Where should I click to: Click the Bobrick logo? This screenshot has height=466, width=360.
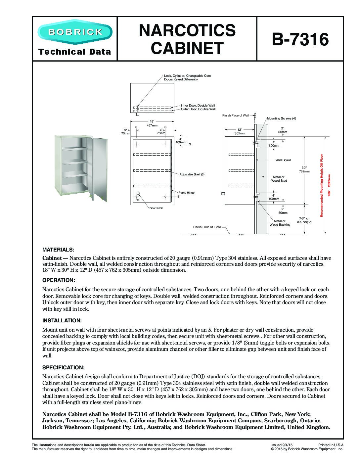(75, 32)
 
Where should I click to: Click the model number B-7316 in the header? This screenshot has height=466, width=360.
(300, 39)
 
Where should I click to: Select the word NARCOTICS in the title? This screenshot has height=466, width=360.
(187, 30)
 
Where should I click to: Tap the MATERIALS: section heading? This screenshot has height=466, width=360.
(58, 249)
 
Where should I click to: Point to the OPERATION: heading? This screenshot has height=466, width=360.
(59, 280)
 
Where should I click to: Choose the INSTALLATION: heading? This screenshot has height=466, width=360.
(62, 320)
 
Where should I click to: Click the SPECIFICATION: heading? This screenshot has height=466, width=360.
(63, 367)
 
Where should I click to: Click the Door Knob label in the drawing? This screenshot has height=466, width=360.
(156, 208)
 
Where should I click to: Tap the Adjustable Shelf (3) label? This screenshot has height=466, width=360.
(192, 174)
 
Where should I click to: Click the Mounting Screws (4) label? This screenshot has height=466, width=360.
(281, 118)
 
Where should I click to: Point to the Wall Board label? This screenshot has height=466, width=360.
(283, 160)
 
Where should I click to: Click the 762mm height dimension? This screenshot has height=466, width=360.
(304, 171)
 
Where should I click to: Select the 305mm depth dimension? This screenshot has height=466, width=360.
(240, 133)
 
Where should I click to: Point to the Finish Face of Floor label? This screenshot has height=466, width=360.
(207, 227)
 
